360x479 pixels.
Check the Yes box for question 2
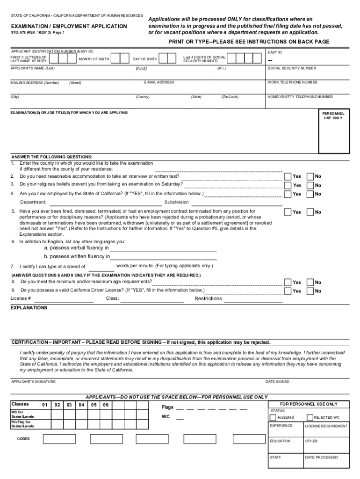pyautogui.click(x=288, y=176)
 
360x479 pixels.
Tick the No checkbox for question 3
pyautogui.click(x=310, y=185)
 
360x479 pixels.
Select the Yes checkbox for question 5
pyautogui.click(x=288, y=212)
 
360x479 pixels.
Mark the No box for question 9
pyautogui.click(x=310, y=291)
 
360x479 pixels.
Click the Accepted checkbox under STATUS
pyautogui.click(x=274, y=417)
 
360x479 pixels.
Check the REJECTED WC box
pyautogui.click(x=310, y=417)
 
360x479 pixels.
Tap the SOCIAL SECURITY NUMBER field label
pyautogui.click(x=291, y=68)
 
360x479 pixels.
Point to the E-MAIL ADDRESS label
pyautogui.click(x=159, y=82)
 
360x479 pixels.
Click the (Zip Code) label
pyautogui.click(x=230, y=97)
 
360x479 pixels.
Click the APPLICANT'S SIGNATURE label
pyautogui.click(x=33, y=382)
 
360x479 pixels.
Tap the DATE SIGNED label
pyautogui.click(x=277, y=382)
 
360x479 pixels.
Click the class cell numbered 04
pyautogui.click(x=82, y=405)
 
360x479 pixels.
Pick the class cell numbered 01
pyautogui.click(x=44, y=405)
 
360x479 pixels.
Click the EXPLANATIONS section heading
pyautogui.click(x=29, y=308)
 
